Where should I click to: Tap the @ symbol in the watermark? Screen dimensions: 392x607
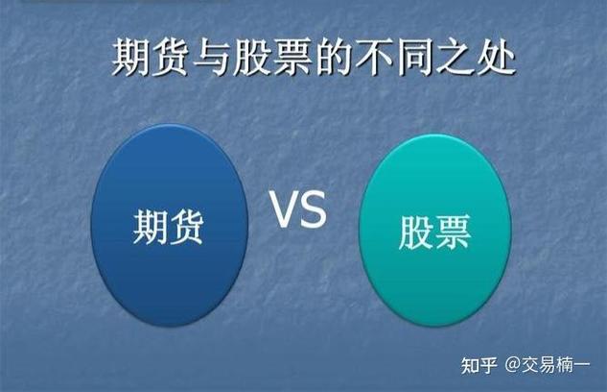(x=513, y=365)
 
